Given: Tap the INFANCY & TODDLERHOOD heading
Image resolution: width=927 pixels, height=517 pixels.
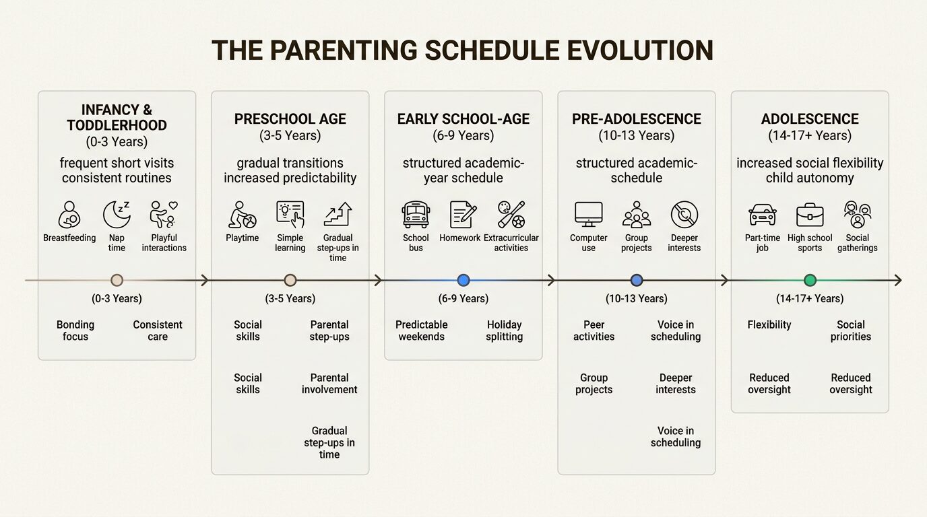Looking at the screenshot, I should click(x=117, y=118).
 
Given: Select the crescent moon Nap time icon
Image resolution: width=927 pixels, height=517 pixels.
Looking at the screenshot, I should click(x=117, y=215).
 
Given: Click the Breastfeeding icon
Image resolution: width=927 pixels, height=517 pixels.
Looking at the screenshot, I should click(x=69, y=215).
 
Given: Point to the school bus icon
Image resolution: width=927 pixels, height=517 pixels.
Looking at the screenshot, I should click(x=416, y=215).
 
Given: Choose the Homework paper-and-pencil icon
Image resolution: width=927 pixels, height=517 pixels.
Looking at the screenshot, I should click(x=463, y=215).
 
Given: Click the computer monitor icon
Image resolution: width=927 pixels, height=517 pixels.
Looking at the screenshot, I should click(x=588, y=215).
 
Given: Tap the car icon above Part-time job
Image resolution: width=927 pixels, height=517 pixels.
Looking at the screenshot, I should click(x=762, y=215).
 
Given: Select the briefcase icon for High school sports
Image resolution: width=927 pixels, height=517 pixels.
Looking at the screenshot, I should click(x=810, y=215).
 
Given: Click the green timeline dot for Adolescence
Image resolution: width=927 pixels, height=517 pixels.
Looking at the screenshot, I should click(x=810, y=281).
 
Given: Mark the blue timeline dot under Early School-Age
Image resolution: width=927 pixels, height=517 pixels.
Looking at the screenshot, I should click(x=463, y=281).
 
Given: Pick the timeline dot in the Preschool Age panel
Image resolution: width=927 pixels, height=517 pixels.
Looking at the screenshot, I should click(x=290, y=281).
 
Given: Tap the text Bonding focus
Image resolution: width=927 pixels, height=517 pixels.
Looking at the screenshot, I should click(x=75, y=331).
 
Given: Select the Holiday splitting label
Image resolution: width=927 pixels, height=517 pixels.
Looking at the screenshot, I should click(x=504, y=331).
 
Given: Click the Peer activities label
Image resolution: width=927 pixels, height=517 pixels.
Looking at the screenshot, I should click(x=594, y=331).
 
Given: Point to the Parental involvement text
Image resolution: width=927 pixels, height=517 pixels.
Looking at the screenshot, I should click(x=329, y=384).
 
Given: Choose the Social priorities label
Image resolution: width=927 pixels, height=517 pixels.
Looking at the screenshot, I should click(x=850, y=331).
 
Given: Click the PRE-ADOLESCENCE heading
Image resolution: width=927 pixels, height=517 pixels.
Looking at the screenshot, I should click(x=637, y=119).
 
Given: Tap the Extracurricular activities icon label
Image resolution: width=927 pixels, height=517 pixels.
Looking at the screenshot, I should click(x=511, y=243).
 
